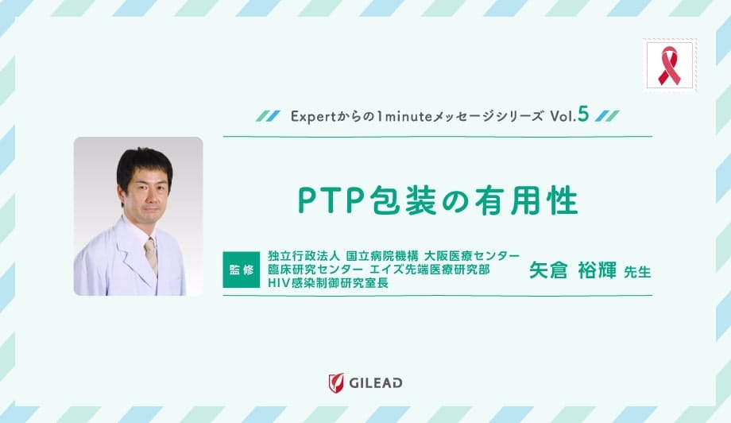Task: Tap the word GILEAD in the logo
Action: click(x=374, y=383)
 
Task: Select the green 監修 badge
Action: click(x=242, y=270)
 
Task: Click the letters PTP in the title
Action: click(x=326, y=201)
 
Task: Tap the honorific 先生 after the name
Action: click(x=637, y=272)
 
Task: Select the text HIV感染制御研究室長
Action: click(x=328, y=283)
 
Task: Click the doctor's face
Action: click(x=145, y=193)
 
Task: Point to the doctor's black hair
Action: click(x=144, y=159)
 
